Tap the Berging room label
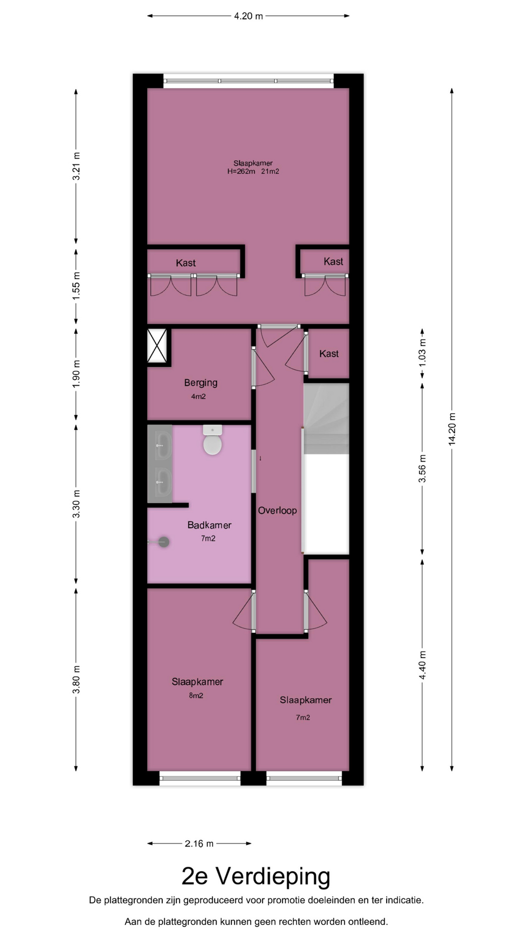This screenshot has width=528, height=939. click(x=200, y=383)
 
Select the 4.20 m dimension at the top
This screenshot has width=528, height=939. click(x=248, y=16)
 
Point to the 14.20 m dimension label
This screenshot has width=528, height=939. click(x=452, y=428)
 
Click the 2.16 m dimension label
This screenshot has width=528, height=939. click(x=199, y=843)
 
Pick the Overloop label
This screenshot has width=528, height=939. click(x=277, y=511)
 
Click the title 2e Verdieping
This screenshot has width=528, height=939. click(x=256, y=876)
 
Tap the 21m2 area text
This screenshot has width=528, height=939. click(x=270, y=172)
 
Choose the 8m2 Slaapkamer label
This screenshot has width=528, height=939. click(x=197, y=682)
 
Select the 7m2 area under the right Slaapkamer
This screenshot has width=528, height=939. click(x=303, y=717)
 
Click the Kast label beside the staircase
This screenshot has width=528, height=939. click(x=329, y=354)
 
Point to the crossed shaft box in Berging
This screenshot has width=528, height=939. click(x=157, y=346)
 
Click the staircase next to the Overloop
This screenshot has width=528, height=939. click(x=326, y=419)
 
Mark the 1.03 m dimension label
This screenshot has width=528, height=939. click(x=422, y=353)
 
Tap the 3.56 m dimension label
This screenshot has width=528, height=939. click(x=422, y=469)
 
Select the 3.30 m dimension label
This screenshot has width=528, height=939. click(x=76, y=504)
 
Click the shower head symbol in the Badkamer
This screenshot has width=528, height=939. click(x=164, y=542)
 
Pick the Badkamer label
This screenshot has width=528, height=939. click(x=209, y=525)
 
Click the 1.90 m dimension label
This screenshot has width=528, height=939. click(x=76, y=374)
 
